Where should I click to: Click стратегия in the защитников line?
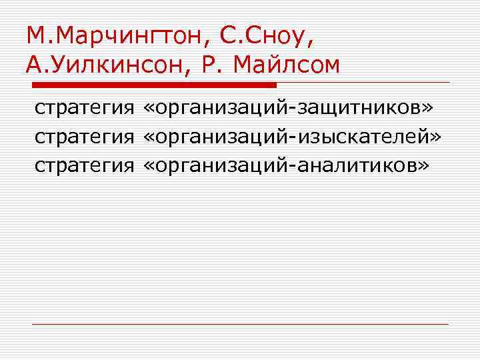[x=84, y=107]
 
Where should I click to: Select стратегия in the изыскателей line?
[x=84, y=136]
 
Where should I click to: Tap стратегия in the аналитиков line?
[x=84, y=165]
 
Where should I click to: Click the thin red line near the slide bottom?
[x=240, y=324]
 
